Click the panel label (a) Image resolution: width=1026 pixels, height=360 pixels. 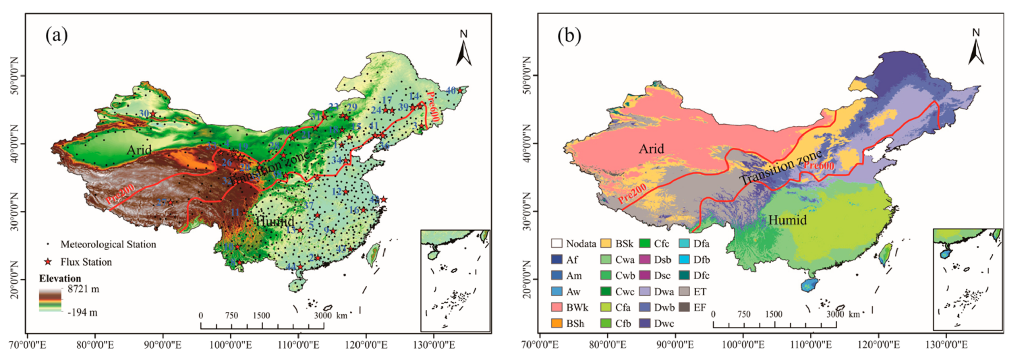coord(56,35)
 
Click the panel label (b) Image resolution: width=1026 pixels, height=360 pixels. coord(569,35)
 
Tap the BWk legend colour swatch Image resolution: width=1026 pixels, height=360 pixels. coord(557,307)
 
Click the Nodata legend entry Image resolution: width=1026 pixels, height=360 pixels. coord(573,243)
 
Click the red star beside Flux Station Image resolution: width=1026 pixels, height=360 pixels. coord(48,262)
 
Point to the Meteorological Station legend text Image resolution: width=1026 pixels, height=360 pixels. coord(108,244)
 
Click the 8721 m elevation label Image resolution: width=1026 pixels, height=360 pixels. coord(83,289)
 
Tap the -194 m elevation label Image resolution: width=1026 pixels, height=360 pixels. coord(82,312)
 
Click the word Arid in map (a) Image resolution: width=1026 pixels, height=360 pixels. coord(139,150)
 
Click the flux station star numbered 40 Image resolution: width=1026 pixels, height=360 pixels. coord(460,91)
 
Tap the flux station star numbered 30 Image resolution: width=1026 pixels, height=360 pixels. coord(153,114)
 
